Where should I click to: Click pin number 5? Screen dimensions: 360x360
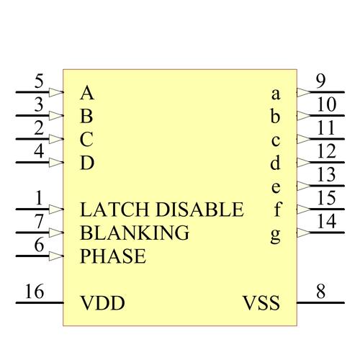[39, 81]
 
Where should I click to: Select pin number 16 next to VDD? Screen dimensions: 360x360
[35, 292]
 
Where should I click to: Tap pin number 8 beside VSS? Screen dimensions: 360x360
[321, 292]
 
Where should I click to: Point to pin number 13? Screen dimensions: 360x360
[326, 174]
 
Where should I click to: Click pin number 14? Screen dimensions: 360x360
[326, 221]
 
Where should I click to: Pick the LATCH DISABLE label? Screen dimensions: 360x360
[162, 210]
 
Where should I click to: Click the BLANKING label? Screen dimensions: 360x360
[135, 233]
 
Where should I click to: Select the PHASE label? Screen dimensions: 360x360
[113, 256]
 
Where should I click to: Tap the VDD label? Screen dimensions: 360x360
[102, 303]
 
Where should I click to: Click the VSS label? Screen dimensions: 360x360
[261, 303]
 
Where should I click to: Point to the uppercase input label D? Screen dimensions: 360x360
[87, 163]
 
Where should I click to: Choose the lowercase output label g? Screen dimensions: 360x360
[276, 235]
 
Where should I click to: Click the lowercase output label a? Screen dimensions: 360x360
[276, 94]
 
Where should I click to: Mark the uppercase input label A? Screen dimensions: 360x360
[87, 93]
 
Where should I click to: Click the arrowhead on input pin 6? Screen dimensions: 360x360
[56, 256]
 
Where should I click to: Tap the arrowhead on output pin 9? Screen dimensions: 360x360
[304, 92]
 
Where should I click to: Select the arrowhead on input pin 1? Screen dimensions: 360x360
[56, 210]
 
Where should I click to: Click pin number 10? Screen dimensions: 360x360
[326, 104]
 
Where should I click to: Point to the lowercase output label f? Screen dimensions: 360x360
[277, 210]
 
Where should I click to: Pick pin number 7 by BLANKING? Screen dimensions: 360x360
[39, 221]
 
